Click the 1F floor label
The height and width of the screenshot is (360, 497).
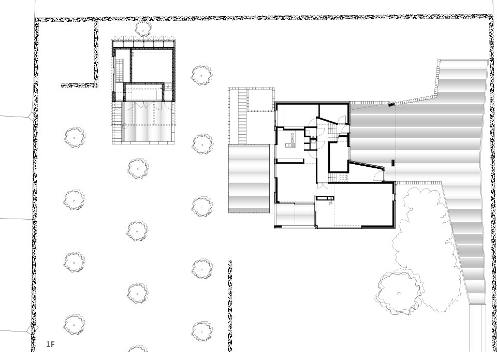click(50, 344)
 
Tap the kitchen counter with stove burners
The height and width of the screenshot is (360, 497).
click(290, 140)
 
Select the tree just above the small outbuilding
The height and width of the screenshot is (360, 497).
click(143, 28)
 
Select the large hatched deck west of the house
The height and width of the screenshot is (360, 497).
click(249, 178)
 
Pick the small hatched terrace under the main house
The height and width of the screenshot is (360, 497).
click(295, 215)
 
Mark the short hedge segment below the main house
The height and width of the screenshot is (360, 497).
click(230, 306)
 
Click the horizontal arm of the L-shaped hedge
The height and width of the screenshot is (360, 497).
click(78, 85)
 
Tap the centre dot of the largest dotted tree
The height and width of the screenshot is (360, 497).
click(399, 294)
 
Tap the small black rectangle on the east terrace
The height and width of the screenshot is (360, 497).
click(393, 163)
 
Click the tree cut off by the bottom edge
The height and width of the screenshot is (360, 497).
click(138, 349)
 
